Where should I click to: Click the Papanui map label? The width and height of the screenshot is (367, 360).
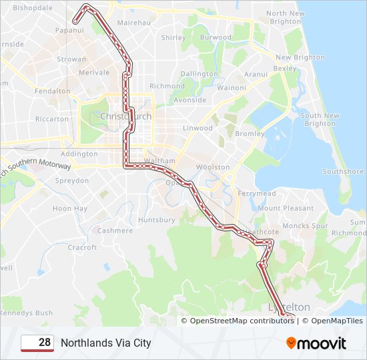point(69,30)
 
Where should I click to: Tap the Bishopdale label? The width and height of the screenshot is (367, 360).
point(33,9)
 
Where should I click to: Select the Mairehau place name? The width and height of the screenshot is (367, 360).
point(133,22)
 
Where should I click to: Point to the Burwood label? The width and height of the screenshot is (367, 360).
point(216,37)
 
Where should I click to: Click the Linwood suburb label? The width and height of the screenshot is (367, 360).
point(198,128)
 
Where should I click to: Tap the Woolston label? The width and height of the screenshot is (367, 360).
point(214,167)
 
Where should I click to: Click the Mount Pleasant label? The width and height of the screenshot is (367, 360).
point(286,208)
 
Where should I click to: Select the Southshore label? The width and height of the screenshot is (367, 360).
point(343,171)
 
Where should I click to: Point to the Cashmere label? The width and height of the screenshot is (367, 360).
point(115,231)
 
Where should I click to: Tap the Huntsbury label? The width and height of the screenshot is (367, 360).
point(156,219)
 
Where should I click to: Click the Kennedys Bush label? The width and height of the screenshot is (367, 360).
point(26,313)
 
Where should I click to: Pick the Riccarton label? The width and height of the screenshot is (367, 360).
point(52,119)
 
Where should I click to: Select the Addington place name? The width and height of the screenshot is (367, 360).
point(79,154)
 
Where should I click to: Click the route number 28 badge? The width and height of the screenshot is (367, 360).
point(37,343)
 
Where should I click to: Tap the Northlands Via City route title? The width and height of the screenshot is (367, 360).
point(106,343)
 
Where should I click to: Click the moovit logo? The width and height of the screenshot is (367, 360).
point(316,343)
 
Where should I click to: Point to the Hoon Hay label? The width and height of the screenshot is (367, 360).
point(70,209)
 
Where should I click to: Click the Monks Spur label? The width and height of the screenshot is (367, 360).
point(305,226)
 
